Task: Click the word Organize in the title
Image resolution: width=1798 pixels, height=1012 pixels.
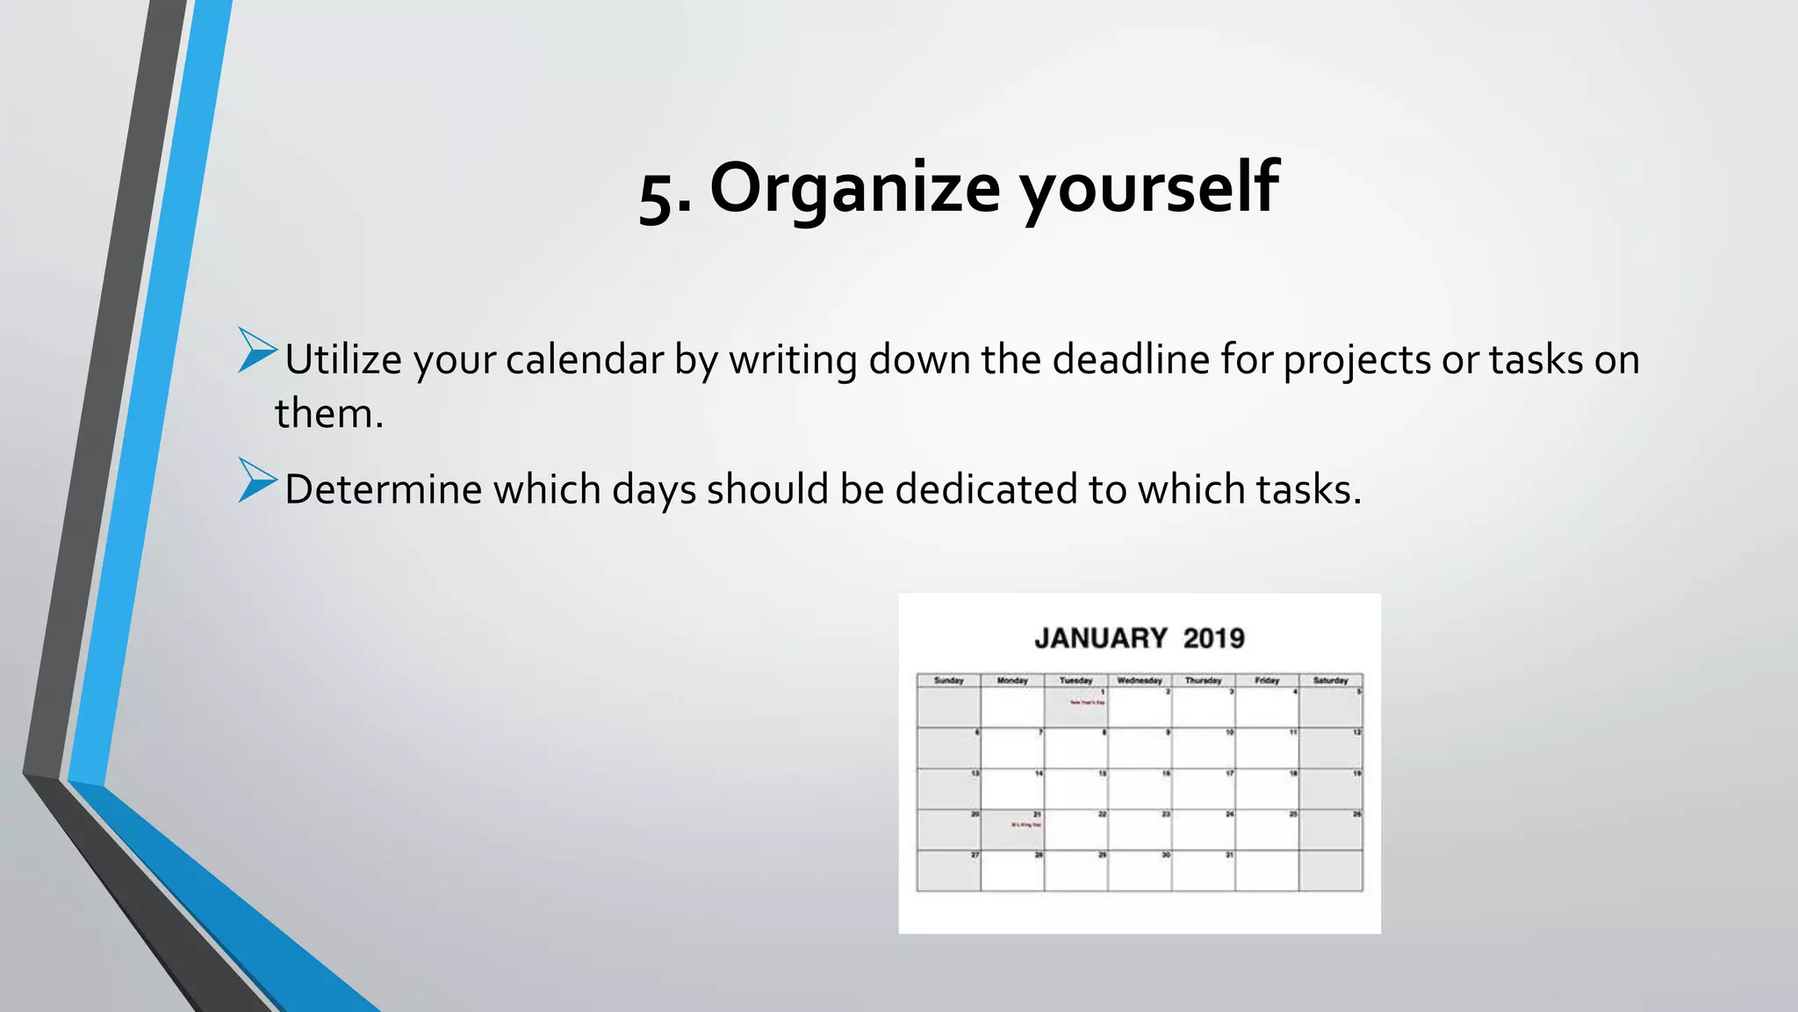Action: tap(854, 188)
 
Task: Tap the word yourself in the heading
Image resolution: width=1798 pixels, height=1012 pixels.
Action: tap(1148, 188)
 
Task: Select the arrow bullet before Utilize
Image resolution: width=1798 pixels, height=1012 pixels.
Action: tap(256, 351)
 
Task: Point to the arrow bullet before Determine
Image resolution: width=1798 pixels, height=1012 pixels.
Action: tap(256, 481)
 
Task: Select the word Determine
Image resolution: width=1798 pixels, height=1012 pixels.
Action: tap(383, 489)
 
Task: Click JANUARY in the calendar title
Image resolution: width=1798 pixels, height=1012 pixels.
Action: tap(1101, 638)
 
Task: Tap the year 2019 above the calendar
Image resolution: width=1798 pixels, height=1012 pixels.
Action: tap(1213, 638)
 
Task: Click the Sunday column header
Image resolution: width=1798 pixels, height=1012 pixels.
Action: tap(948, 681)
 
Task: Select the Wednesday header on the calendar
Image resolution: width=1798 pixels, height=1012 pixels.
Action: tap(1140, 681)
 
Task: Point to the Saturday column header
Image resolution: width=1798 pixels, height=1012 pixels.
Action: tap(1330, 681)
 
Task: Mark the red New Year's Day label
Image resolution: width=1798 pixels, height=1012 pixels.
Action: tap(1087, 703)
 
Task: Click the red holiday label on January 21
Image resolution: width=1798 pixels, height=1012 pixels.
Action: tap(1025, 825)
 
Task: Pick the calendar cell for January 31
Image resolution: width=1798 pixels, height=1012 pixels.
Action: tap(1204, 871)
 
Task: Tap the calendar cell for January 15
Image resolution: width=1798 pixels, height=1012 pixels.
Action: tap(1076, 789)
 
